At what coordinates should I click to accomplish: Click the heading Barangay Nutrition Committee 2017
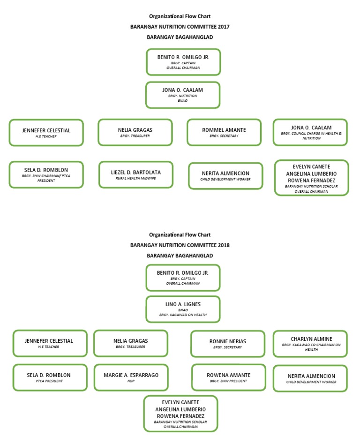tap(180, 27)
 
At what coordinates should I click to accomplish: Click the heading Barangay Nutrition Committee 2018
tap(180, 245)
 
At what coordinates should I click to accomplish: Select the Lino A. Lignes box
tap(183, 309)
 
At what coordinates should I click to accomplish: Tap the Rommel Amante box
tap(224, 132)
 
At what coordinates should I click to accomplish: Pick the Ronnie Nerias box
tap(228, 344)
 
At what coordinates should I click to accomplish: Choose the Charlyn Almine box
tap(311, 344)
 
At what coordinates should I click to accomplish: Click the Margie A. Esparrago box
tap(131, 377)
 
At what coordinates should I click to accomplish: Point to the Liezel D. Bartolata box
tap(136, 174)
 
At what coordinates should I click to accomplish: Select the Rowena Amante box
tap(228, 377)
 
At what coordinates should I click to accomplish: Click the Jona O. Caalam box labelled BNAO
tap(183, 95)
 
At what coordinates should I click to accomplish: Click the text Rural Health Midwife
tap(136, 178)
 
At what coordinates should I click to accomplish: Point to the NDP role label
tap(131, 381)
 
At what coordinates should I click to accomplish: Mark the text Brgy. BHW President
tap(228, 381)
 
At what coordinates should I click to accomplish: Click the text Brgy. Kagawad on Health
tap(183, 315)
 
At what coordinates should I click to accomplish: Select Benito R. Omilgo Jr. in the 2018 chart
tap(183, 278)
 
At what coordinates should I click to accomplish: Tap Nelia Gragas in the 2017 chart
tap(135, 132)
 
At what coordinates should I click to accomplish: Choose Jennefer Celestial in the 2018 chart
tap(49, 344)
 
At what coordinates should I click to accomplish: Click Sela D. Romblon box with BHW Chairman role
tap(46, 174)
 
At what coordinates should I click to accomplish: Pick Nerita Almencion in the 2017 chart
tap(225, 175)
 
